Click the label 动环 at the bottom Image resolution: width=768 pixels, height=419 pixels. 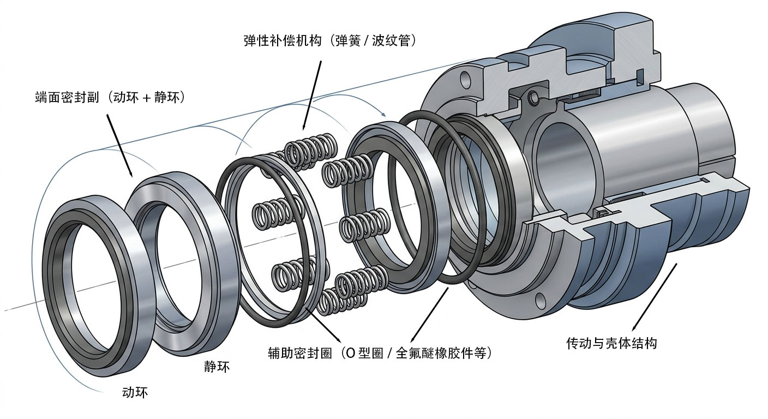(x=135, y=392)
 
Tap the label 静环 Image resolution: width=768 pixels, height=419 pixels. (x=216, y=367)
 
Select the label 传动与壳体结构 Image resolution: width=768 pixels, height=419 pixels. (x=611, y=343)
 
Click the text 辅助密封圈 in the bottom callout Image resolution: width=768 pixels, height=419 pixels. (x=296, y=353)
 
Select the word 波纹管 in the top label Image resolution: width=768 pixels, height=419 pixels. (x=393, y=41)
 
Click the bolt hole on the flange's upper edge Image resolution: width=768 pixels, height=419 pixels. (x=465, y=80)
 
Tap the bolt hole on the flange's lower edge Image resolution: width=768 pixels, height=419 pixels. (x=540, y=299)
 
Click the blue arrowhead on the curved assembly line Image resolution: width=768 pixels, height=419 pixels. (x=384, y=115)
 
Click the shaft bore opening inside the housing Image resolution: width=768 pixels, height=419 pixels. (x=562, y=164)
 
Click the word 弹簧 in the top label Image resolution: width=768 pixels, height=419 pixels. (x=355, y=41)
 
